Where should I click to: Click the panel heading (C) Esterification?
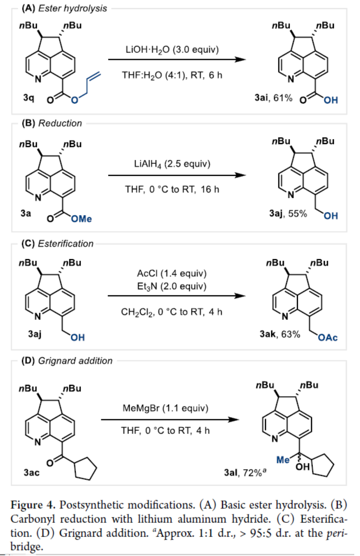57,244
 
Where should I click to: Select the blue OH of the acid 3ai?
331,100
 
